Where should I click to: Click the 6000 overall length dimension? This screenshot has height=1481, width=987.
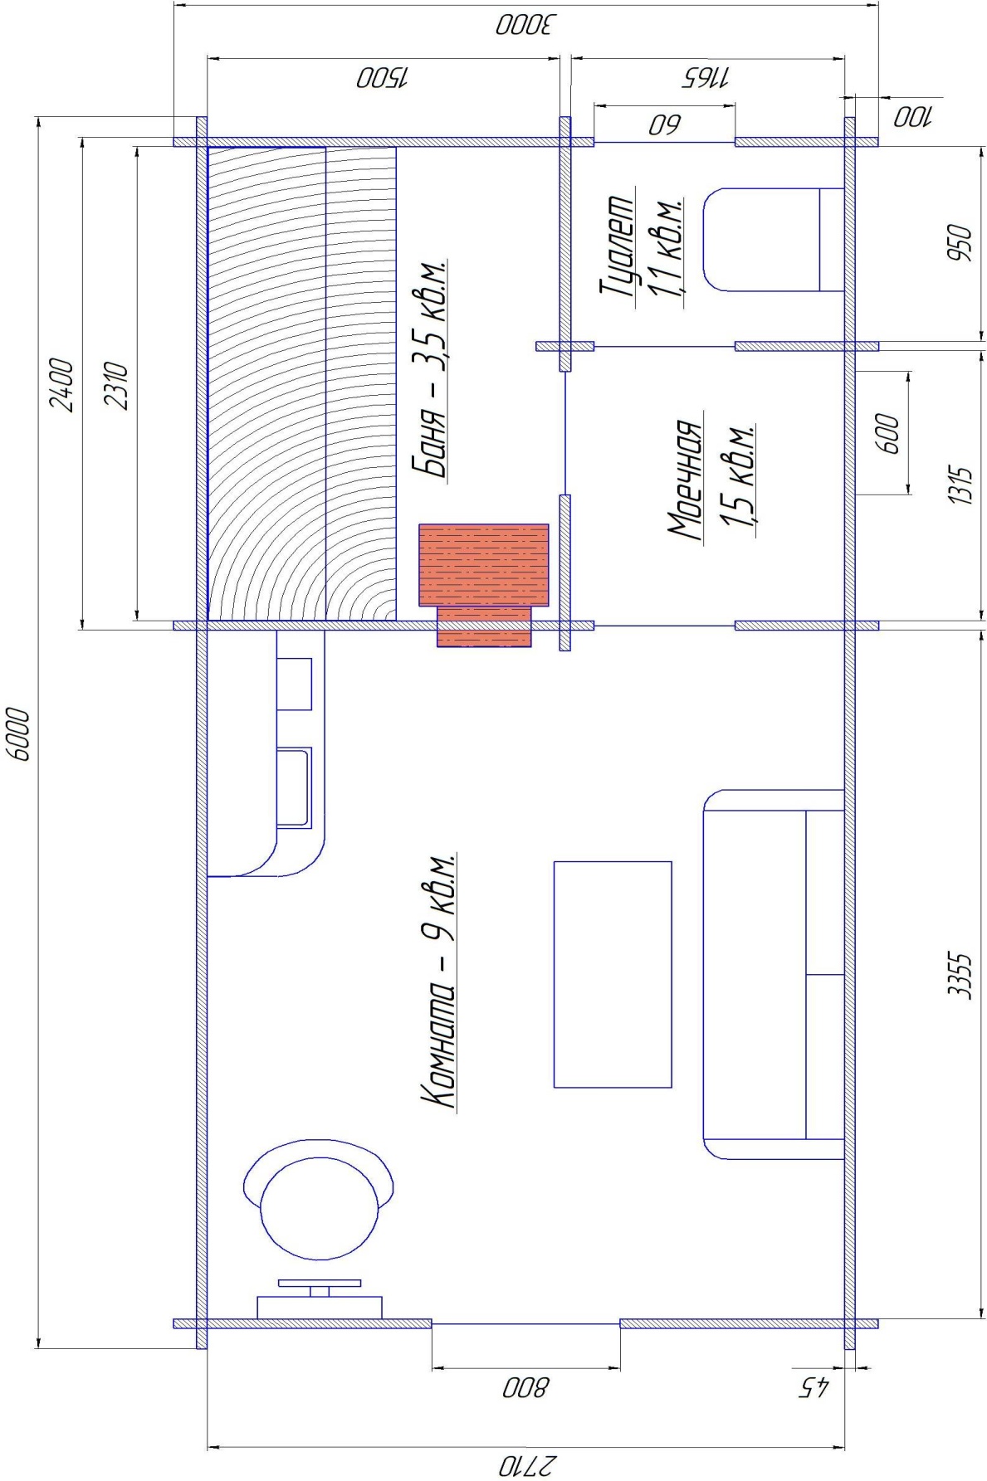(x=18, y=733)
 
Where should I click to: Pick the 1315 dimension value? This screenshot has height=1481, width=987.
(x=961, y=486)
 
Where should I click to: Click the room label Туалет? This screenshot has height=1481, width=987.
(x=618, y=246)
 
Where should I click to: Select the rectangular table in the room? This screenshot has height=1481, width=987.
(x=613, y=974)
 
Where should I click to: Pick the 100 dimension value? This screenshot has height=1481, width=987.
(x=913, y=117)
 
